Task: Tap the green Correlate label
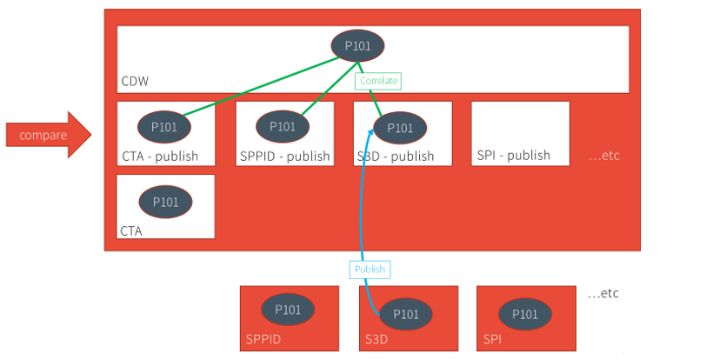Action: pos(378,80)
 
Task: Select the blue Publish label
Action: pos(370,269)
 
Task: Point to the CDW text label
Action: pos(135,83)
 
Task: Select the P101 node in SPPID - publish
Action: pos(283,127)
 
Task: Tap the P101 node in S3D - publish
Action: pos(400,128)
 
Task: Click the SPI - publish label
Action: pos(514,156)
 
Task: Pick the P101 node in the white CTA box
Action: pos(165,202)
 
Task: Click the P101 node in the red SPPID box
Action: pos(288,310)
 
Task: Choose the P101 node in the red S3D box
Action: pos(406,313)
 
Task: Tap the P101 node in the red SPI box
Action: pos(524,314)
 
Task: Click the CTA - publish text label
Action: pos(160,157)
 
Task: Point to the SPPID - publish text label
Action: pos(284,157)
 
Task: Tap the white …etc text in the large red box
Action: pos(603,156)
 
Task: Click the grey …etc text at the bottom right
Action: pos(603,293)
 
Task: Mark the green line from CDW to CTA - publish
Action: pos(261,88)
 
